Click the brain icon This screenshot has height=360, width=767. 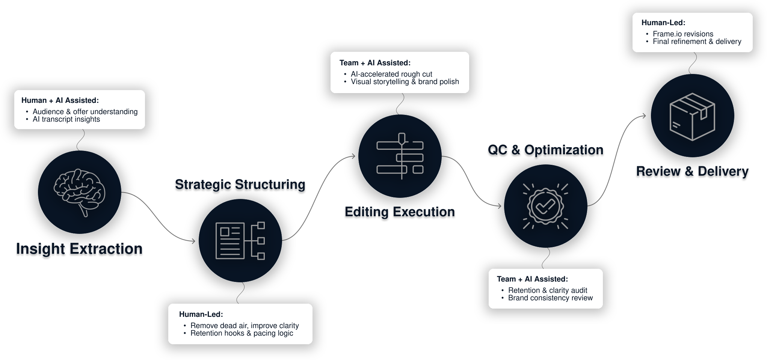[79, 192]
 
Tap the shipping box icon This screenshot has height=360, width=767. [692, 116]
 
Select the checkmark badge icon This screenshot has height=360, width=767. [545, 206]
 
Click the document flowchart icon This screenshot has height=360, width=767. [240, 241]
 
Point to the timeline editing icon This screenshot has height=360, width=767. [400, 156]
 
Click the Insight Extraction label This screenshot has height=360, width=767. [79, 249]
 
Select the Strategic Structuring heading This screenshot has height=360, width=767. [240, 185]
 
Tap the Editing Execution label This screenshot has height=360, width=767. [400, 212]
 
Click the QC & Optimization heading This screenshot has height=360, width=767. [545, 150]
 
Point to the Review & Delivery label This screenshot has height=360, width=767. [692, 172]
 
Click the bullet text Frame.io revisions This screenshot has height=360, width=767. [683, 34]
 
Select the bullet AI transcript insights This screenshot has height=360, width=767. [66, 119]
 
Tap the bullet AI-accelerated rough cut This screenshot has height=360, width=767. [391, 74]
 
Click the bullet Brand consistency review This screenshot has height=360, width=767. [550, 298]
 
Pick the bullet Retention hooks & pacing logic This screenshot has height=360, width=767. [242, 333]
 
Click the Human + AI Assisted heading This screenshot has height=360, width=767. [60, 100]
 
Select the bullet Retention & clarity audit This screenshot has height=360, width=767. [548, 290]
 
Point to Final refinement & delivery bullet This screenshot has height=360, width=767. [697, 42]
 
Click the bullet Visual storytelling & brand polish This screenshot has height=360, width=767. [405, 82]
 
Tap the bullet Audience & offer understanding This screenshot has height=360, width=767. [85, 111]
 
